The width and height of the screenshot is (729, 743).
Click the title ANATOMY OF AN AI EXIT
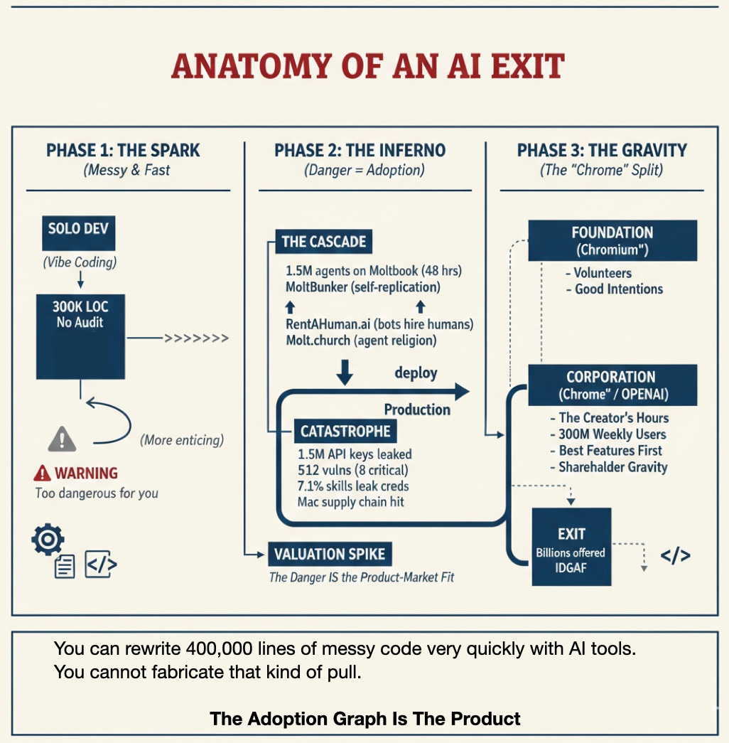point(367,67)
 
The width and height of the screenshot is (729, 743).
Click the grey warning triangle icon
point(62,439)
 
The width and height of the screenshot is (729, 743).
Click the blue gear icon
point(48,540)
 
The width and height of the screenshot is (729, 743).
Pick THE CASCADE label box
point(323,241)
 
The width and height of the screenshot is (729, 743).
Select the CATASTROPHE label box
point(345,432)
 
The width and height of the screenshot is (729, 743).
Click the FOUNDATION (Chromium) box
point(612,241)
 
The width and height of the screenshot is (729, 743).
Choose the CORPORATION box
point(612,385)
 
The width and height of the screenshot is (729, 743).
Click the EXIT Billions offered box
point(571,546)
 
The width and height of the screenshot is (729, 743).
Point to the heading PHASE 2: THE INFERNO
point(360,151)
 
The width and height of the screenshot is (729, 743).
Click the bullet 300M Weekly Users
point(612,434)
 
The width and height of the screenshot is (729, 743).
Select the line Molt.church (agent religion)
point(360,341)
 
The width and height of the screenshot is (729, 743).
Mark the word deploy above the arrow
point(416,373)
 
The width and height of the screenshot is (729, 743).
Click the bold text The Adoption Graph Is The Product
point(365,719)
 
